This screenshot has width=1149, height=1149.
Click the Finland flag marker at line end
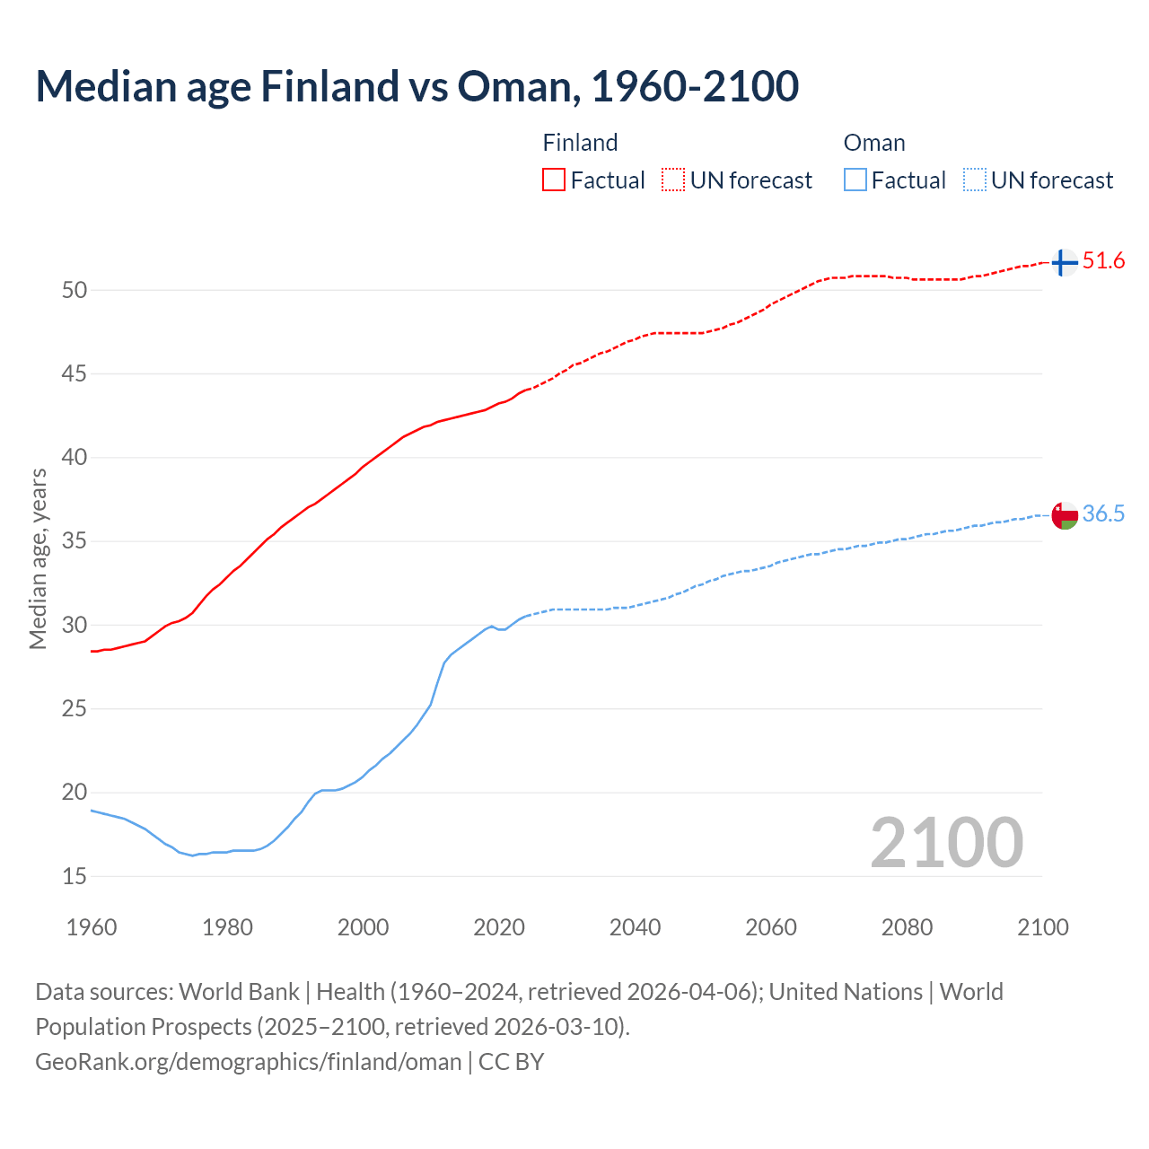pos(1064,262)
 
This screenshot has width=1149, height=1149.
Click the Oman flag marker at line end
pos(1064,515)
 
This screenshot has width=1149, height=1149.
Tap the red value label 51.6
pos(1103,261)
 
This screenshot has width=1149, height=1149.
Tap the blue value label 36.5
pos(1103,513)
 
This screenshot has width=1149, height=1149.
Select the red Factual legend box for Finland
pos(554,180)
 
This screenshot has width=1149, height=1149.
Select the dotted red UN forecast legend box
pos(673,180)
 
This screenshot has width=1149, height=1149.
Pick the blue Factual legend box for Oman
pos(855,180)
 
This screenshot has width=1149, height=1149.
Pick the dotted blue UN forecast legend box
pos(975,180)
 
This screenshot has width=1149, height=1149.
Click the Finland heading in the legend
pos(580,143)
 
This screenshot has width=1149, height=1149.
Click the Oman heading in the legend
pos(874,143)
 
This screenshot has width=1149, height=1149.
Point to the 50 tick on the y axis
pos(75,290)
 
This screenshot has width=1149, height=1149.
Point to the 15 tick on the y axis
pos(75,876)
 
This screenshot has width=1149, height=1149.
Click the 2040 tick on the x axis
pos(635,927)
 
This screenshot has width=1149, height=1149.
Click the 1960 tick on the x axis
pos(92,927)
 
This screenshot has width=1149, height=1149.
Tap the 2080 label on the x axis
pos(907,927)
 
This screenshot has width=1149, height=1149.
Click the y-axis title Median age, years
pos(38,558)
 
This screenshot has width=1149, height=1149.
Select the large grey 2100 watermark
pos(946,843)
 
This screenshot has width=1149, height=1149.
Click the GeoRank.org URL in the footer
pos(248,1062)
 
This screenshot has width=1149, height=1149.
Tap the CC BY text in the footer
pos(512,1062)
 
